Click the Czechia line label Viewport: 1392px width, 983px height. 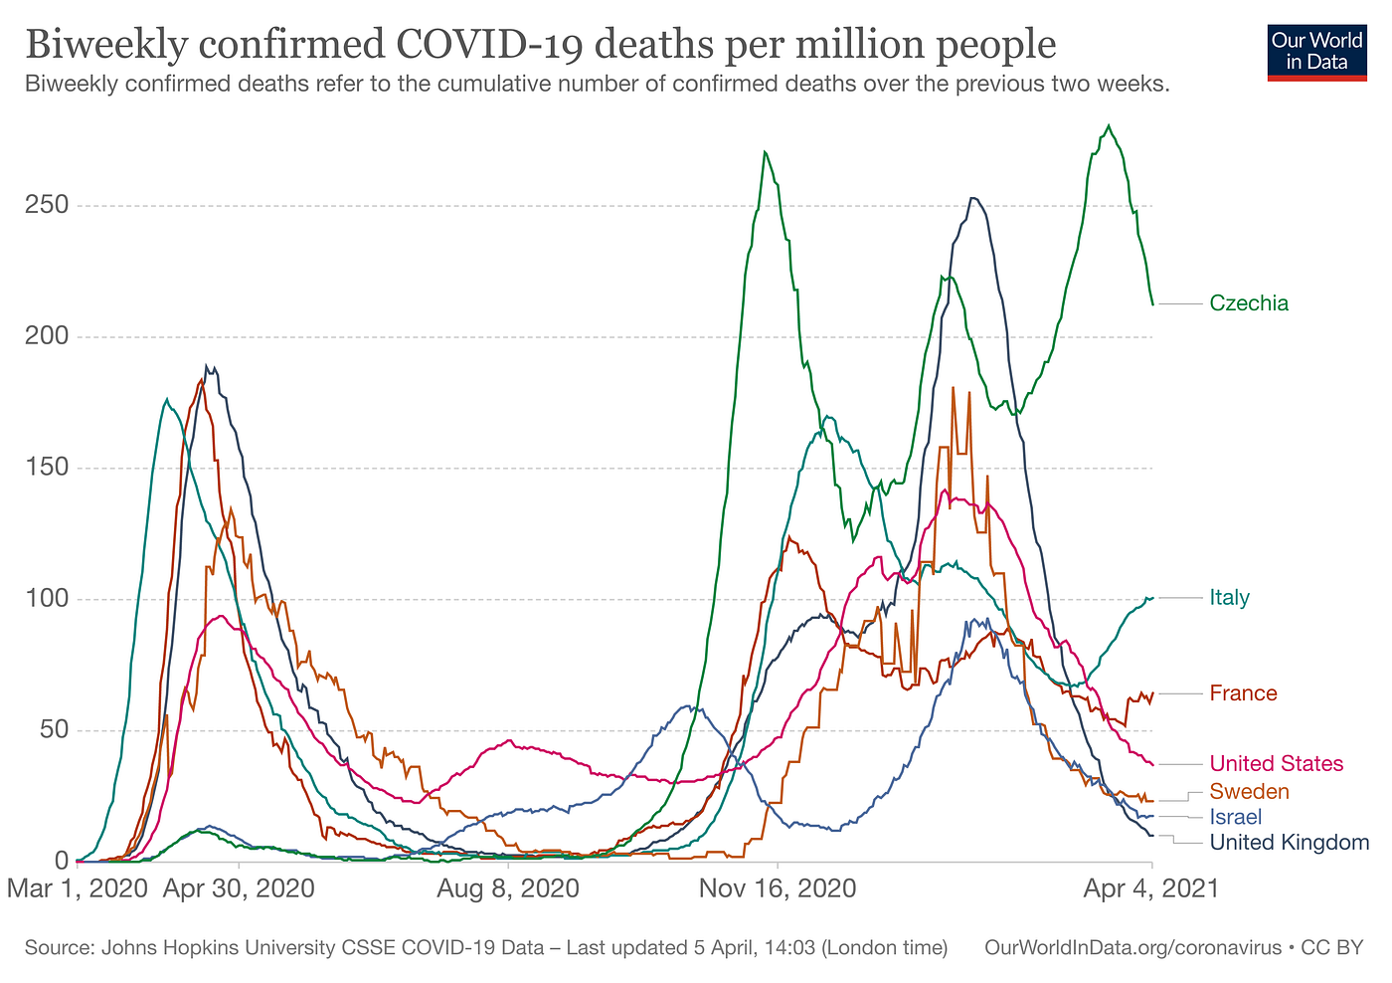(x=1249, y=303)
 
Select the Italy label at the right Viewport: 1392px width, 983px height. (x=1229, y=598)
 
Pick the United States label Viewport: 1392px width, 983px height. (x=1276, y=764)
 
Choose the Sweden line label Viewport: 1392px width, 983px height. (x=1249, y=792)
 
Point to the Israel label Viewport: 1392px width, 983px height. (x=1235, y=818)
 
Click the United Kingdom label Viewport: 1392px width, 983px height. (x=1289, y=844)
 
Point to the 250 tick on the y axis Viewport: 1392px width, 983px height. (x=47, y=206)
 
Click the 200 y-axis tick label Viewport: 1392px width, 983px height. (x=47, y=336)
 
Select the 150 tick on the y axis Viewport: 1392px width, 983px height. (x=47, y=468)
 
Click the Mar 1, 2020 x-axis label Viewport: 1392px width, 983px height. (x=77, y=887)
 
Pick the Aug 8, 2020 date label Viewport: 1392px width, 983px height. (x=508, y=887)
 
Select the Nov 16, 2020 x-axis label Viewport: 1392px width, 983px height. (x=778, y=887)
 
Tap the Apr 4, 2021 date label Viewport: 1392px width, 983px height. (x=1150, y=887)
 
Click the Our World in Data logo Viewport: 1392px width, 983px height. (x=1317, y=52)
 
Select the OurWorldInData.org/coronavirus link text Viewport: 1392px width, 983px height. (x=1132, y=948)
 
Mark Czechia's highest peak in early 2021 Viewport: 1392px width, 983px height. (x=1109, y=126)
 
